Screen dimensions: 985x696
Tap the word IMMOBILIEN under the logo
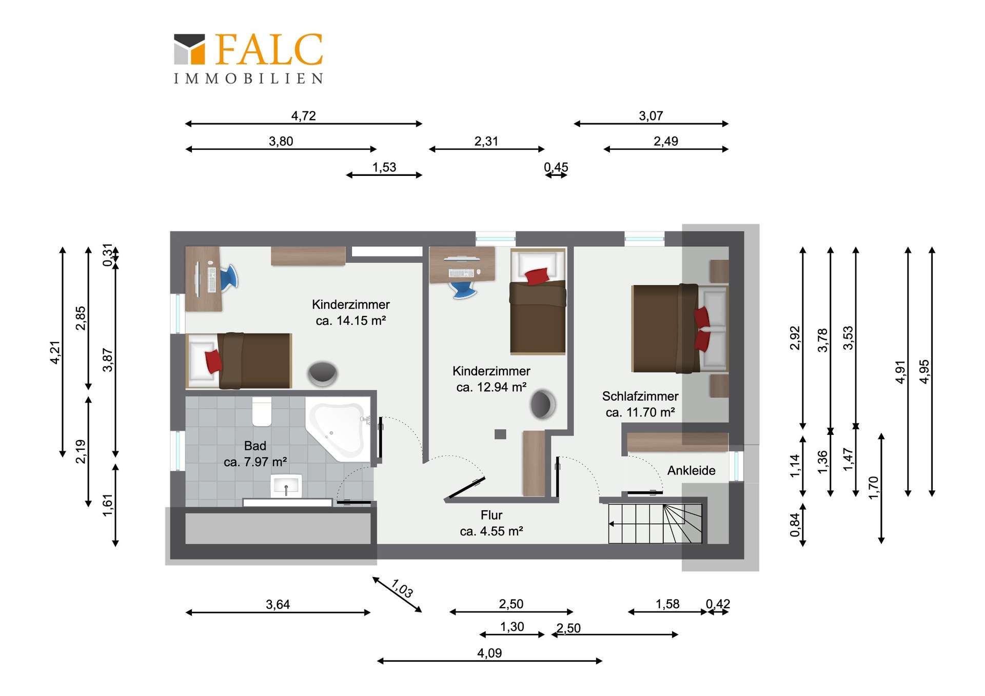(x=249, y=78)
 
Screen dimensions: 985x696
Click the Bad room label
(x=255, y=445)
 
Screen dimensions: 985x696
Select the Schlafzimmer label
(x=640, y=396)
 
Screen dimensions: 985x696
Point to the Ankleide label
(x=691, y=470)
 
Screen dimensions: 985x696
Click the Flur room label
(x=491, y=515)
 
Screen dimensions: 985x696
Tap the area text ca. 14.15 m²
(x=351, y=321)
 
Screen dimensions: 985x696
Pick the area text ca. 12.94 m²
(x=491, y=387)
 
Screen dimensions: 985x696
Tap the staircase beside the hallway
(x=655, y=523)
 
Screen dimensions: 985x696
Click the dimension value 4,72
(x=303, y=116)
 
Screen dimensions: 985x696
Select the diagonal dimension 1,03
(x=402, y=588)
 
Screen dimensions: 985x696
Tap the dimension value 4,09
(x=489, y=653)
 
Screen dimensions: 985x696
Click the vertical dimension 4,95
(x=924, y=371)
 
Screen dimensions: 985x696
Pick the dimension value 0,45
(x=556, y=167)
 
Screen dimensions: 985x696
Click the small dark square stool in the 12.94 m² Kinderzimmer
(x=500, y=434)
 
